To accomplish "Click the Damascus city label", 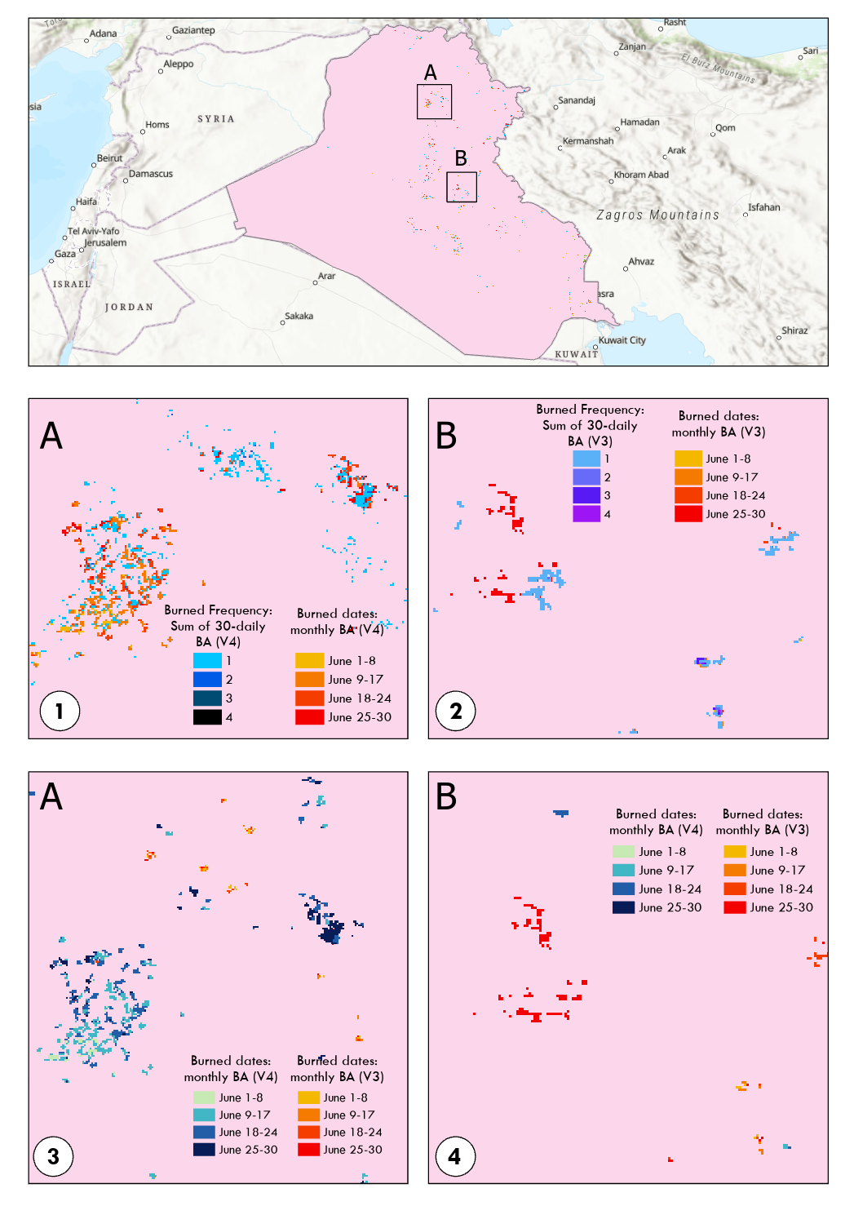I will point(151,174).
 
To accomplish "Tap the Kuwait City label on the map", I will point(622,340).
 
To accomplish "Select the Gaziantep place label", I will point(194,30).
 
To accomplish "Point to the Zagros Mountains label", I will point(658,215).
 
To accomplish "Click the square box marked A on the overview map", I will point(434,102).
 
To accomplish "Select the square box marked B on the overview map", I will point(462,187).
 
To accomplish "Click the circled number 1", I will point(60,711).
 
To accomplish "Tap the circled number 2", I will point(456,711).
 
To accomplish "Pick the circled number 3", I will point(53,1156).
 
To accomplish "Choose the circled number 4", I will point(454,1156).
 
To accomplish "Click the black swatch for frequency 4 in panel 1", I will point(207,717).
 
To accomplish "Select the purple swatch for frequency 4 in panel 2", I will point(586,514).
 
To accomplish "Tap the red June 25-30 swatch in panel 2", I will point(688,514).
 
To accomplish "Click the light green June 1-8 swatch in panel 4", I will point(623,851).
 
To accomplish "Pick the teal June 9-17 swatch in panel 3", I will point(204,1115).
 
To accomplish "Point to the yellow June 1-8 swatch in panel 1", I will point(309,661).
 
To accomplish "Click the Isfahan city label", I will point(764,207).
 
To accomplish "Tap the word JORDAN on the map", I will point(129,308).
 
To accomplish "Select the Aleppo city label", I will point(179,64).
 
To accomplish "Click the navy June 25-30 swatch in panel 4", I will point(623,907).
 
